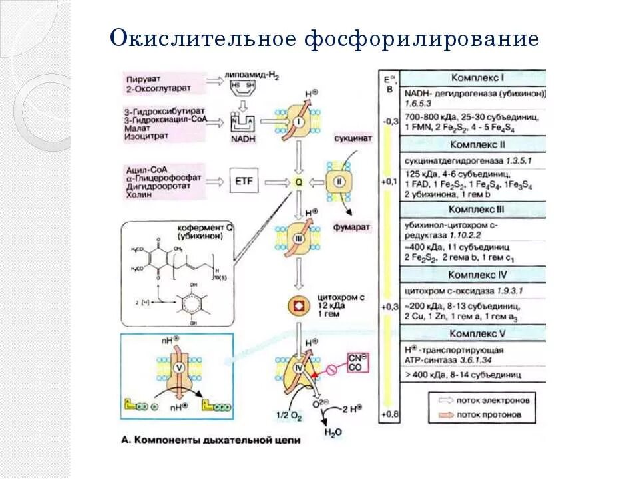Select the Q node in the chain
[298, 181]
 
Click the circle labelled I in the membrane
[298, 122]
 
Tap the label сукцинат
[354, 136]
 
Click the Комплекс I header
[479, 77]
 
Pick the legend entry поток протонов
[489, 414]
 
